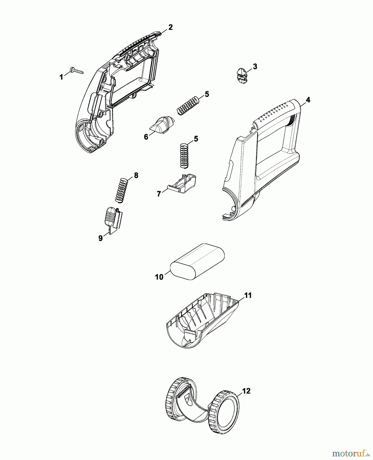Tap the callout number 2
170,27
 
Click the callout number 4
308,100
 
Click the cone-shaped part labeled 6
163,124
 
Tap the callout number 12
246,391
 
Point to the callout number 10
159,277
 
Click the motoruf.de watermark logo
351,453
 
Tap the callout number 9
101,238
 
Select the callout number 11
248,295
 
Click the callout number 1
61,77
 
